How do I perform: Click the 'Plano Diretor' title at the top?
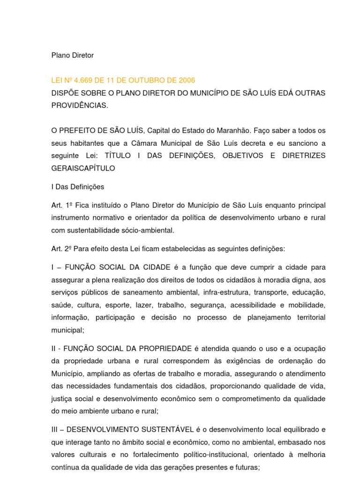pos(72,55)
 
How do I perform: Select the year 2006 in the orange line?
pos(187,80)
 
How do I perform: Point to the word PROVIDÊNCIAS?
pos(79,105)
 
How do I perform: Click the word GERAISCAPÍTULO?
pos(83,167)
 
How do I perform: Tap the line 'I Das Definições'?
pos(77,187)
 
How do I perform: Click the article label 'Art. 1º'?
pos(62,205)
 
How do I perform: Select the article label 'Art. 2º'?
pos(62,248)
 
